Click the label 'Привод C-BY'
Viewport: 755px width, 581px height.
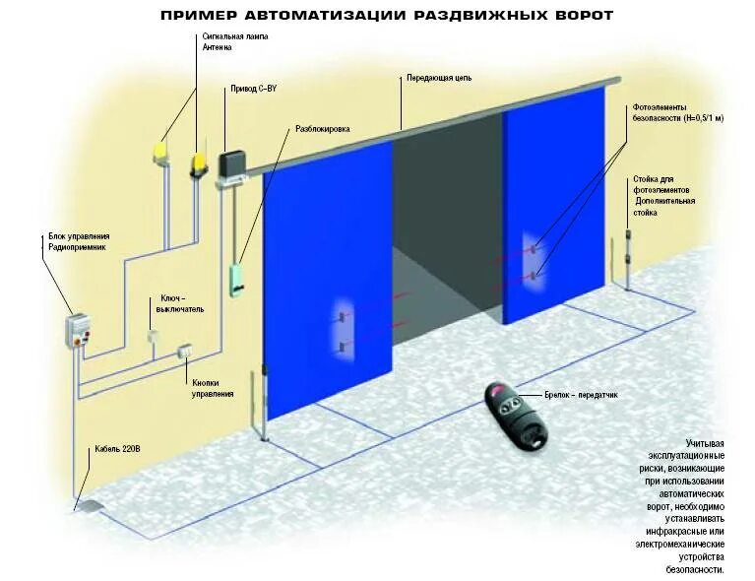253,89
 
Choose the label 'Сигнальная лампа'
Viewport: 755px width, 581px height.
228,35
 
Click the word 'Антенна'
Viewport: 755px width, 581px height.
219,46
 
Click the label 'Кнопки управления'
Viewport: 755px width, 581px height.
212,388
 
